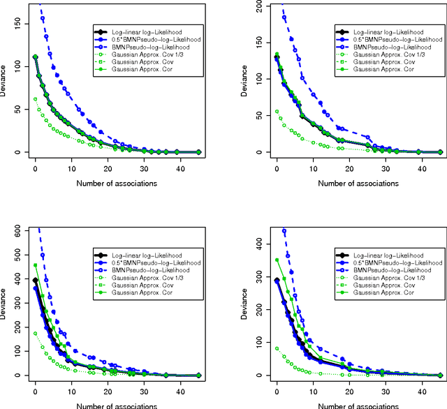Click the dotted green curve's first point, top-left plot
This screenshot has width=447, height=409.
coord(35,99)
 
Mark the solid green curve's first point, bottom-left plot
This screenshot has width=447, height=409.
coord(35,265)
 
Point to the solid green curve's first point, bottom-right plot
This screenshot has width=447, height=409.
coord(277,260)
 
